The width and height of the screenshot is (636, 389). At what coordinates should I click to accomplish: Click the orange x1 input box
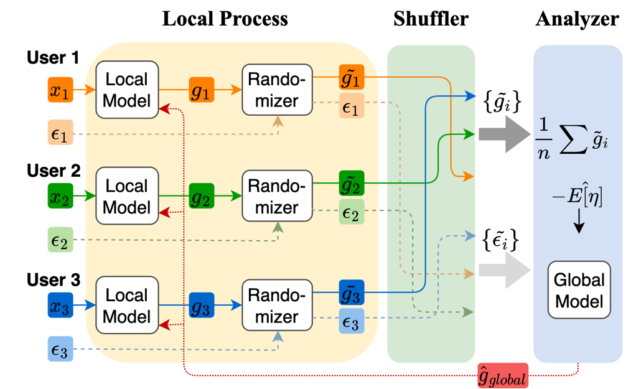click(x=60, y=91)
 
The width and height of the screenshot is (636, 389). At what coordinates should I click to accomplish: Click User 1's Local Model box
click(x=127, y=90)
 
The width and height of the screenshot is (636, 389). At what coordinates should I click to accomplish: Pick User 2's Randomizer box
click(x=277, y=197)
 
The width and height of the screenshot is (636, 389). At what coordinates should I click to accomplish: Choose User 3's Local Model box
click(x=127, y=306)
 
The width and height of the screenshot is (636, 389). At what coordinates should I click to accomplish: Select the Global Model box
click(x=579, y=291)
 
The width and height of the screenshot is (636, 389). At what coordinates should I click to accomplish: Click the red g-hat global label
click(x=502, y=376)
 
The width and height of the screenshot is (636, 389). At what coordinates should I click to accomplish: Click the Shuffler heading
click(x=431, y=19)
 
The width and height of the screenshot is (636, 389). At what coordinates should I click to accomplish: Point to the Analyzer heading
click(x=577, y=19)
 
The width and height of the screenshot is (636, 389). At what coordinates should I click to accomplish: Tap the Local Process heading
click(x=225, y=19)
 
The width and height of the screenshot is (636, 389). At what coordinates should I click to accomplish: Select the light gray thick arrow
click(x=503, y=272)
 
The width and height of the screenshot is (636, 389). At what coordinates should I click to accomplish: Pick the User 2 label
click(x=54, y=170)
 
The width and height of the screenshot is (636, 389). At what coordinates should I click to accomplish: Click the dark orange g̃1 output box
click(x=351, y=77)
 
